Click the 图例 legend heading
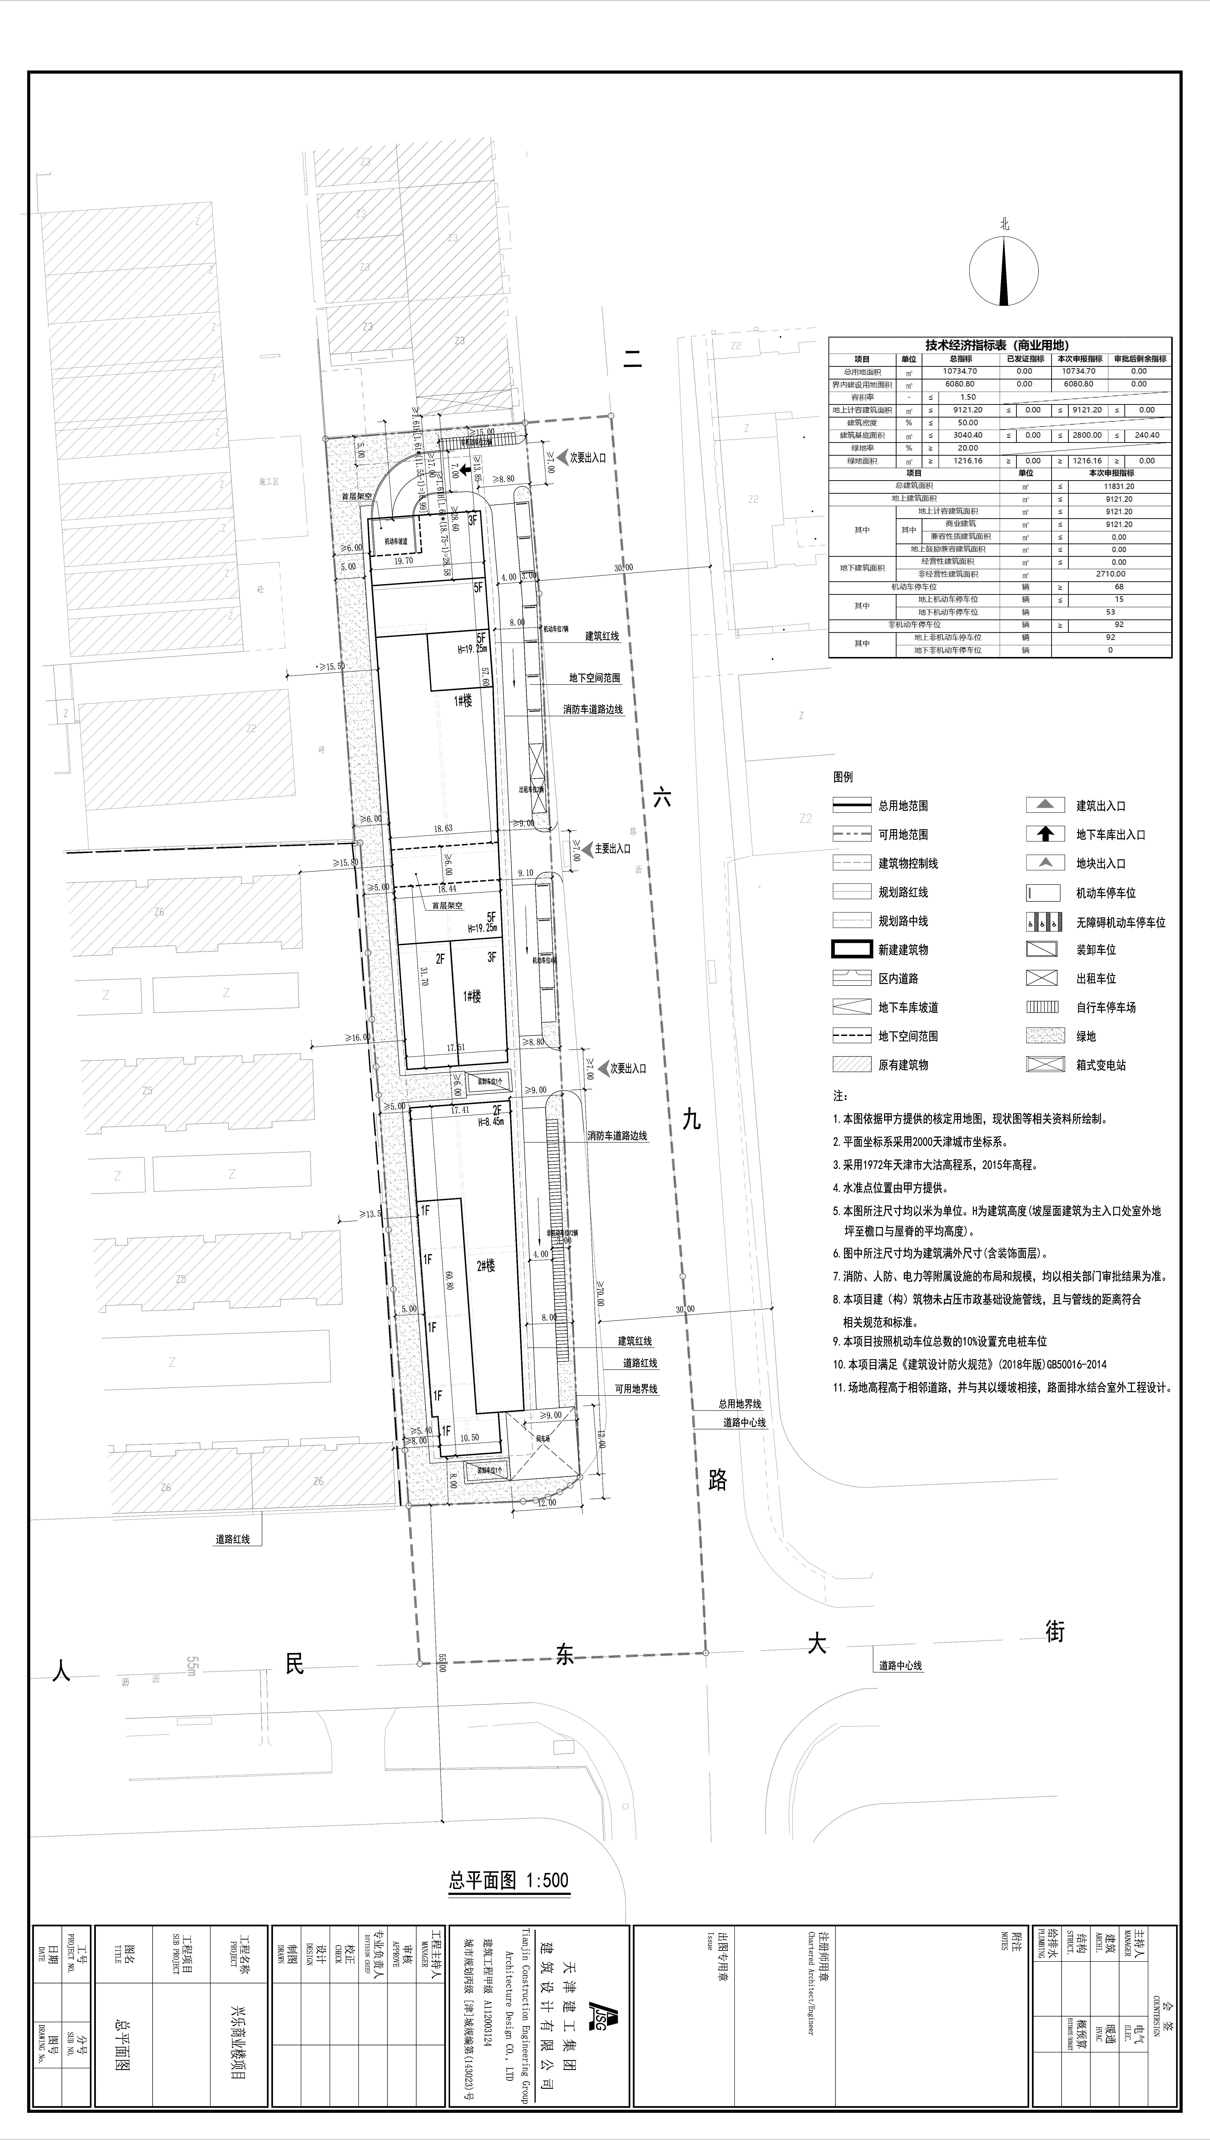click(x=843, y=777)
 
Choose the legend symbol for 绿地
click(x=1045, y=1036)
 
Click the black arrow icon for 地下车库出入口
click(x=1045, y=834)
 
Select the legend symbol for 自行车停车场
click(x=1045, y=1007)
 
